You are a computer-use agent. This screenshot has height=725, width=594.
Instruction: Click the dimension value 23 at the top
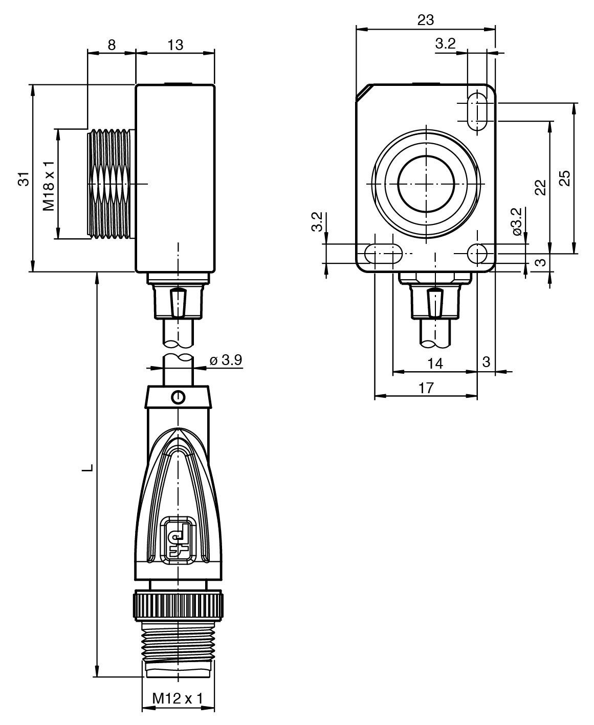[426, 20]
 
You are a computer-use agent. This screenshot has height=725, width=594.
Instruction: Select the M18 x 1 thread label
[49, 186]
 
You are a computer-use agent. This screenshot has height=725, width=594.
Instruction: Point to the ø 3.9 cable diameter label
[226, 360]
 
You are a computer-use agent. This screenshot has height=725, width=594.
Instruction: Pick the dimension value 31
[24, 179]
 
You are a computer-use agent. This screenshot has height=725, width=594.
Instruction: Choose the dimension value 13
[175, 45]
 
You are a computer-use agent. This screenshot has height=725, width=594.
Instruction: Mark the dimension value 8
[112, 45]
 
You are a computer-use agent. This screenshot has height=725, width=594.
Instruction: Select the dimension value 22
[540, 188]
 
